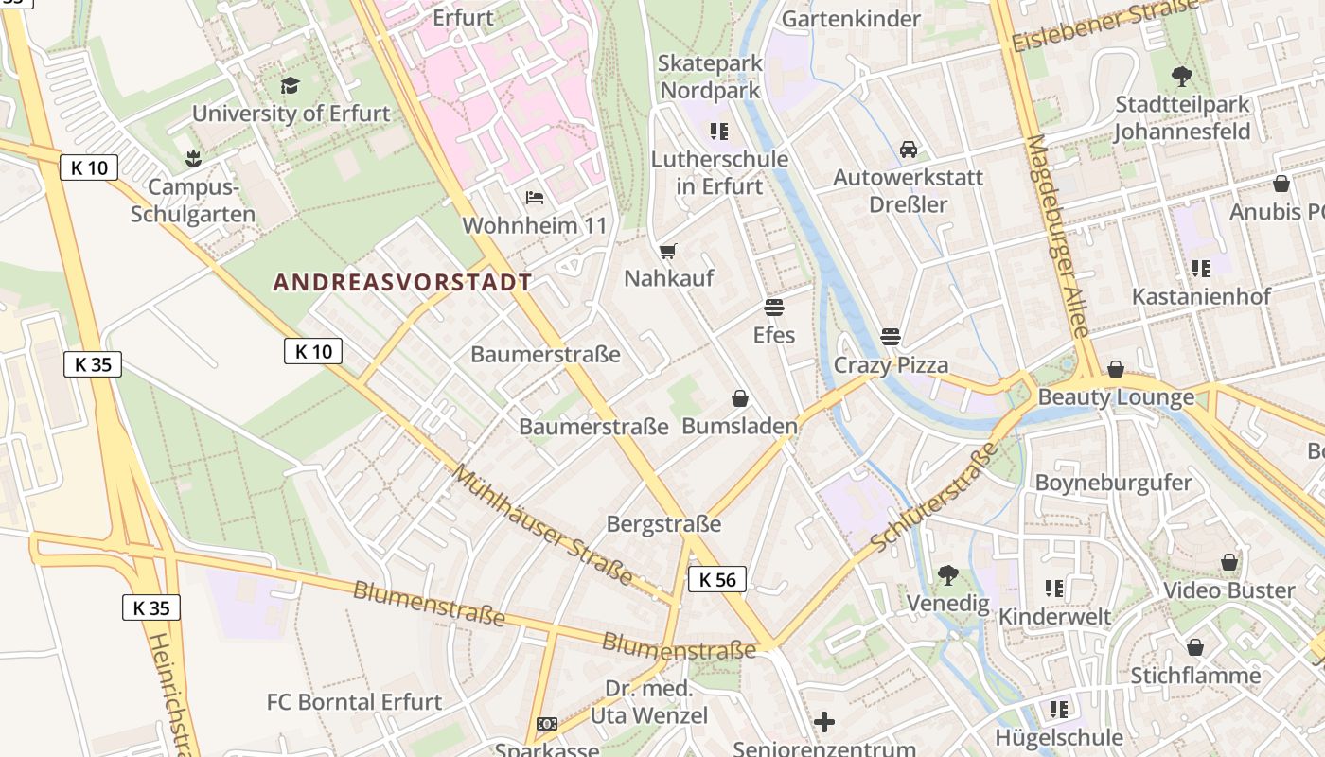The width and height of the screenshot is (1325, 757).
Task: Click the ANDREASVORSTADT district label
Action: (x=402, y=282)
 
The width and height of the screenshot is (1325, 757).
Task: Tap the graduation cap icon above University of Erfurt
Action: (x=290, y=86)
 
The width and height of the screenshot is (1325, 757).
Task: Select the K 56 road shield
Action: (x=716, y=579)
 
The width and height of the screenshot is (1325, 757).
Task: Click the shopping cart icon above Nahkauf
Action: (x=668, y=251)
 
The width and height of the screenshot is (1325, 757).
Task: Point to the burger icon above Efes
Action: (x=774, y=308)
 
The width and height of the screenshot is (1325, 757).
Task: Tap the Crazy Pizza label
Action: (x=891, y=365)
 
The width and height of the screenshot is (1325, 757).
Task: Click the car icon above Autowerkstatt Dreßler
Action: (x=908, y=150)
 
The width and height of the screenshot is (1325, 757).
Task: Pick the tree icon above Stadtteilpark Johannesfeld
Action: (x=1181, y=77)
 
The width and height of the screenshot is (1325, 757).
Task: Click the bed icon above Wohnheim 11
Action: (x=535, y=198)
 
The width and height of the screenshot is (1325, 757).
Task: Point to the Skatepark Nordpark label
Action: (x=710, y=77)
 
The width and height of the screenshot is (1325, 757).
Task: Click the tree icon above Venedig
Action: (x=947, y=575)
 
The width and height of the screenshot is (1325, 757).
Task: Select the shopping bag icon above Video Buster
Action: (x=1229, y=563)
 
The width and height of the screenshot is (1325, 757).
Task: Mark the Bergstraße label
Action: (x=663, y=524)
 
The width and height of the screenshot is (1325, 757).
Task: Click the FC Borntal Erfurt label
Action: (x=354, y=702)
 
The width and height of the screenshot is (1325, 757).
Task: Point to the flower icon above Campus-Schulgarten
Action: (x=193, y=158)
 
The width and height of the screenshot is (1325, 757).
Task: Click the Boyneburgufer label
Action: (x=1113, y=483)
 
